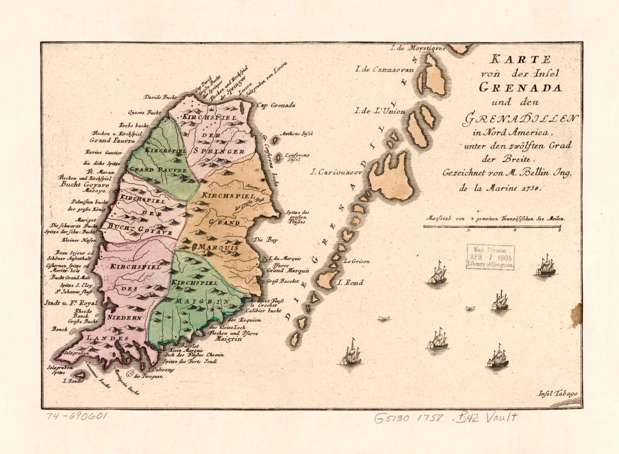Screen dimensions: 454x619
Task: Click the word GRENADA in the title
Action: pos(520,87)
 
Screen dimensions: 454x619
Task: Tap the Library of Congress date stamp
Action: pos(491,257)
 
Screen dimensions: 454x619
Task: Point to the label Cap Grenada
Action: pos(276,105)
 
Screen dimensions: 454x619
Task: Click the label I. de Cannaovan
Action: pos(385,70)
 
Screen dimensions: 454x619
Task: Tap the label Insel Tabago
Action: pos(557,394)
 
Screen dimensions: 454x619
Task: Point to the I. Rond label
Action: pos(351,282)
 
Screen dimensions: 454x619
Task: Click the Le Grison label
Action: pos(356,261)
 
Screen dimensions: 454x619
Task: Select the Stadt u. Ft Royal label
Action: pos(71,303)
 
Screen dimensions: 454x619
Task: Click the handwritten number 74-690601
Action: pos(77,417)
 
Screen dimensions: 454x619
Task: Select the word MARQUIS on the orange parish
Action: pos(219,247)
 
